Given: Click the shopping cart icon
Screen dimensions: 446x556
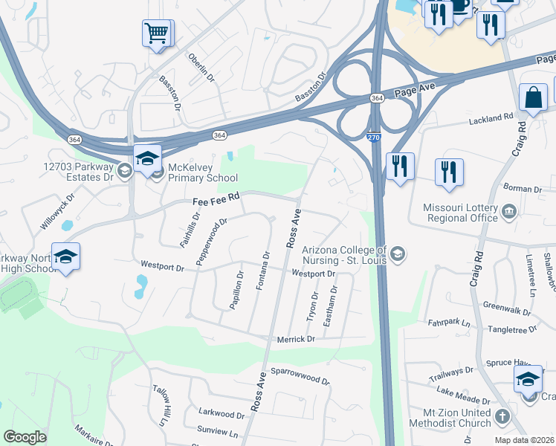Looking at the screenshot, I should [157, 33].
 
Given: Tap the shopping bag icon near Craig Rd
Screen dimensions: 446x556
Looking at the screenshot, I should [533, 97].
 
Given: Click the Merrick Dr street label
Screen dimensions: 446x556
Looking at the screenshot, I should [297, 339].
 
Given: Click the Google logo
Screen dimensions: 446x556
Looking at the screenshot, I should [25, 437].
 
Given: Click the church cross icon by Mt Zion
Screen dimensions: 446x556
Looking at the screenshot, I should [502, 417].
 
